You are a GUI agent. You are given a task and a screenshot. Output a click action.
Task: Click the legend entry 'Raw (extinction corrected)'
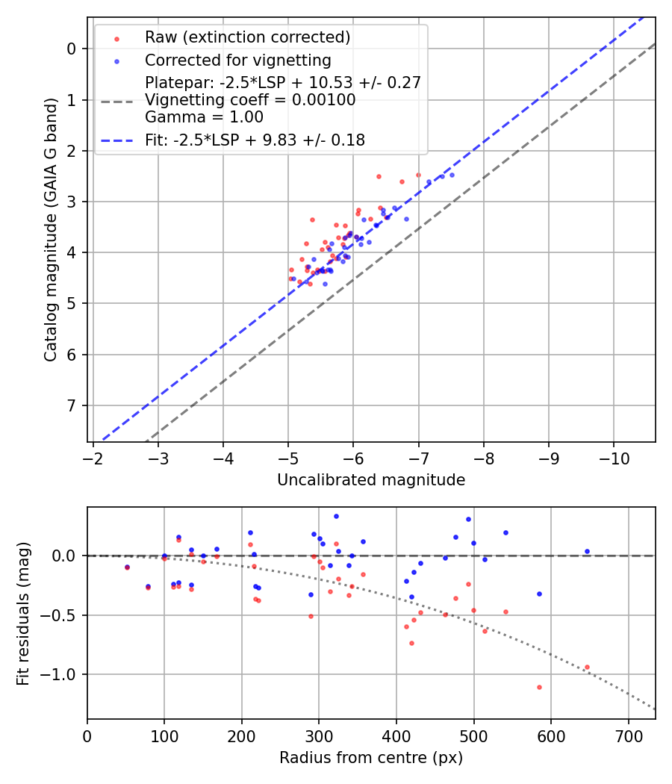247,37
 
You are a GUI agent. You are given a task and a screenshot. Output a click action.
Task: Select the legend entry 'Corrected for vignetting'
237,60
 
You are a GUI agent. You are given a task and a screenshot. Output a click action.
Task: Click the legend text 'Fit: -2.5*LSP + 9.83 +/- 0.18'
255,140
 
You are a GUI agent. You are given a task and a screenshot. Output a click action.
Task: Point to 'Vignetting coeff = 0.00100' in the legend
250,100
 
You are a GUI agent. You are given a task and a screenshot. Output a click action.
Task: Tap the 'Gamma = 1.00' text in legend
204,117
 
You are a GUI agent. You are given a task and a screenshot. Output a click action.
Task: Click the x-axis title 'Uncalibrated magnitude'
371,480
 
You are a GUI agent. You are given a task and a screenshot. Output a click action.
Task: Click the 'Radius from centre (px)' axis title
371,758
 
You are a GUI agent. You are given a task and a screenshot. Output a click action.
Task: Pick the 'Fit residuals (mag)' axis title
24,613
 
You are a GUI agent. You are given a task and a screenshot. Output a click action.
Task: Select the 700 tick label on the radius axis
628,735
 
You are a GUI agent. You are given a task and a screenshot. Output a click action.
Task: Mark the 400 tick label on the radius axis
396,735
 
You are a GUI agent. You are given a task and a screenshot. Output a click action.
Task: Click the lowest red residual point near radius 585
539,687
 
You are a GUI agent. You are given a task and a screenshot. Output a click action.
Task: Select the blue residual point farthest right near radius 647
587,551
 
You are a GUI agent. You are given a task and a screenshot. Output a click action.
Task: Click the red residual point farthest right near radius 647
587,667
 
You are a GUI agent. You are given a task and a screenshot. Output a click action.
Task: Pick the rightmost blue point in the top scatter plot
452,175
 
